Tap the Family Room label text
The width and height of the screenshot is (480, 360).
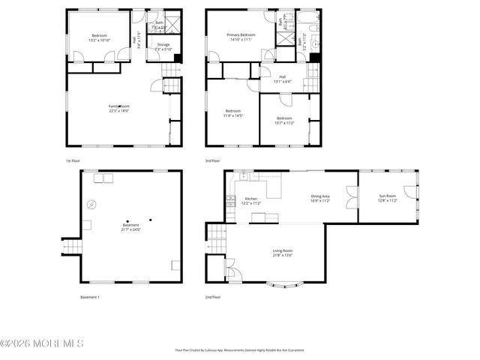point(118,109)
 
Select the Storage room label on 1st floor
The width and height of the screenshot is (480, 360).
point(163,47)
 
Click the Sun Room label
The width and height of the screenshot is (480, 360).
point(387,199)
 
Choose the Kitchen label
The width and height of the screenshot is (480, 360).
point(250,201)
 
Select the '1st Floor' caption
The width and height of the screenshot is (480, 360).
point(73,160)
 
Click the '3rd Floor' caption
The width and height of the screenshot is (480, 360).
point(213,160)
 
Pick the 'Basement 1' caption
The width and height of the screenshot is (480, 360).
point(90,297)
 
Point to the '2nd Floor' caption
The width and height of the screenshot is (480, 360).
point(213,297)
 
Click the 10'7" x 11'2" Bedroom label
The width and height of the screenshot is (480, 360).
point(283,119)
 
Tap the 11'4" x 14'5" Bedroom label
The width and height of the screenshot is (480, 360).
point(233,114)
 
